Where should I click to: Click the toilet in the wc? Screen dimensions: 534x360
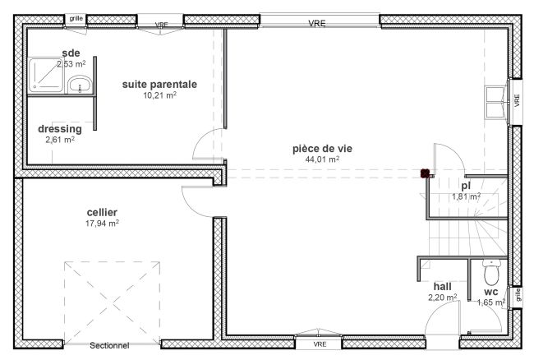tap(492, 272)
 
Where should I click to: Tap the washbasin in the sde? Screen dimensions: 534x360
tap(80, 85)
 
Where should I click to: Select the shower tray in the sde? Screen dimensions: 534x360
tap(46, 75)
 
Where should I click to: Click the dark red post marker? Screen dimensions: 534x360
tap(425, 173)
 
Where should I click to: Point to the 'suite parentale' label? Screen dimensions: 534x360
tap(159, 84)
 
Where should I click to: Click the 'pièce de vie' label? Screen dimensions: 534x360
tap(322, 149)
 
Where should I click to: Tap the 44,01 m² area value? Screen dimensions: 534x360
tap(322, 159)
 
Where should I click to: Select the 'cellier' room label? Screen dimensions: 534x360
tap(102, 212)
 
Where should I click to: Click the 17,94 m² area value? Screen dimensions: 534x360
tap(102, 223)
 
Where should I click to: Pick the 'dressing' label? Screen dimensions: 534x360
tap(60, 129)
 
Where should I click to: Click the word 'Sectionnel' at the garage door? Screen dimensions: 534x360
tap(109, 345)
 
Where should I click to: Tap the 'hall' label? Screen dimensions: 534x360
tap(442, 286)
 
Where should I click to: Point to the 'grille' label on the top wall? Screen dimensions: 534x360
tap(76, 18)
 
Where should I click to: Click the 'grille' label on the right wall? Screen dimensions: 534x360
tap(518, 295)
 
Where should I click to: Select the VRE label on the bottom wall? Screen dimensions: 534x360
tap(320, 344)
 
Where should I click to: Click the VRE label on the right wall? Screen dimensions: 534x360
tap(518, 100)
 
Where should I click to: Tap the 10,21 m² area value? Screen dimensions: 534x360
tap(159, 95)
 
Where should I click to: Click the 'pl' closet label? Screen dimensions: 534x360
tap(466, 186)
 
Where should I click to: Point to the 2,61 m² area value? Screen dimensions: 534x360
tap(60, 140)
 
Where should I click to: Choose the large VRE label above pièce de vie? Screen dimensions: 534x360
tap(317, 24)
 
